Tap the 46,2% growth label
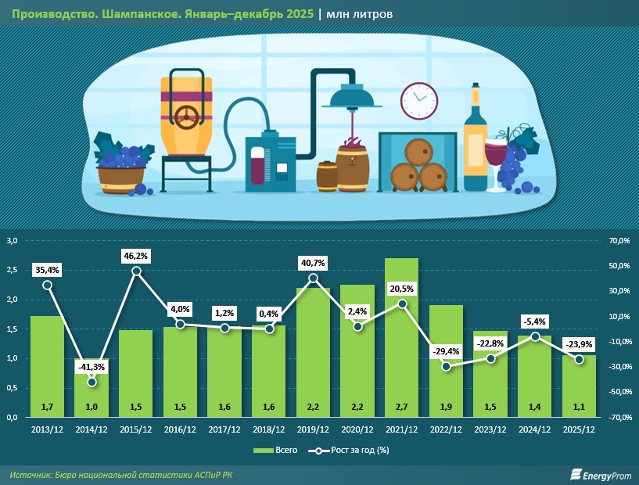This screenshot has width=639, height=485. (136, 256)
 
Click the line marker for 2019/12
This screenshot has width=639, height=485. (314, 278)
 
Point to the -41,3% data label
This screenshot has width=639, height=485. (92, 366)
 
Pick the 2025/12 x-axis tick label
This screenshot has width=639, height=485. (579, 428)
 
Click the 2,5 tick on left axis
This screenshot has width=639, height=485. (13, 271)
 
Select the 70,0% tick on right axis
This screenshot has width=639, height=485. (619, 242)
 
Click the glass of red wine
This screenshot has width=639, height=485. (497, 160)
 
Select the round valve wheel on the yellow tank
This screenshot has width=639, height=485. (187, 117)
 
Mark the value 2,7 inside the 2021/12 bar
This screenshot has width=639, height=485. (401, 406)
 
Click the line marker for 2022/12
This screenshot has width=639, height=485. (446, 366)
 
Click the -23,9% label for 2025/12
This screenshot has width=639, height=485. (580, 344)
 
